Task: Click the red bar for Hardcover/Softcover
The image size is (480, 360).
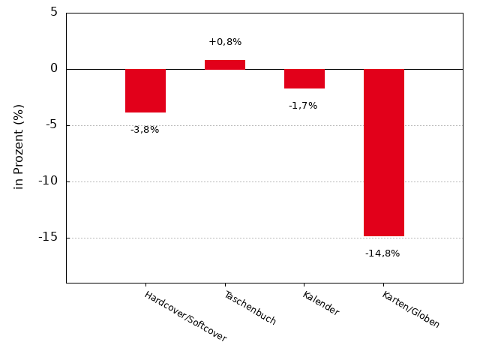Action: click(145, 91)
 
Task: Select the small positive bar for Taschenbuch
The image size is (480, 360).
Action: click(225, 64)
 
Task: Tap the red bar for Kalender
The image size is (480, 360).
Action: click(304, 79)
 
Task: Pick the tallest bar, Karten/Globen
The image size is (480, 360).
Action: click(384, 152)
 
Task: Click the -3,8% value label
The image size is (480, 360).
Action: click(145, 130)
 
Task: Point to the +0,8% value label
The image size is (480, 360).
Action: click(225, 42)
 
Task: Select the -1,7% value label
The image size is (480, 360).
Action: click(303, 106)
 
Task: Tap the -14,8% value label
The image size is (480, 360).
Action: click(382, 253)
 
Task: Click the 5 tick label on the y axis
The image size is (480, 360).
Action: click(54, 12)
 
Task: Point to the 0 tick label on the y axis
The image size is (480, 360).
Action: click(54, 68)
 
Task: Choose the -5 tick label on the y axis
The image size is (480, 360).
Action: click(50, 124)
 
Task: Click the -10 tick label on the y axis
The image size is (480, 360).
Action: click(48, 181)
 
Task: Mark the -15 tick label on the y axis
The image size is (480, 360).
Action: click(48, 237)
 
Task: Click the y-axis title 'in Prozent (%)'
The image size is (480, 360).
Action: click(19, 146)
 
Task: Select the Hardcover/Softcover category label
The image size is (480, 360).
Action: click(185, 316)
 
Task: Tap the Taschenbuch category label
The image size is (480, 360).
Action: click(250, 307)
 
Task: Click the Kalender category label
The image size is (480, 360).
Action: click(320, 303)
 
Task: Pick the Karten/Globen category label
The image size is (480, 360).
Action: click(410, 309)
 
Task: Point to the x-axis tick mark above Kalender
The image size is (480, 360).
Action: click(304, 285)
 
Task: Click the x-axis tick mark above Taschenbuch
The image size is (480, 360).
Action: click(225, 285)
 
